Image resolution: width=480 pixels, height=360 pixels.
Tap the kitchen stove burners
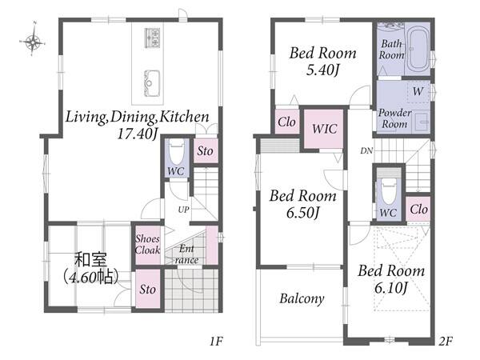(x=152, y=38)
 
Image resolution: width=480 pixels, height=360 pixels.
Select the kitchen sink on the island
(x=152, y=83)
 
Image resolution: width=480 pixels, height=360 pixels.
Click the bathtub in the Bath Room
(x=418, y=50)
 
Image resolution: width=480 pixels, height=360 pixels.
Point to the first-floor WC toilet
(x=177, y=152)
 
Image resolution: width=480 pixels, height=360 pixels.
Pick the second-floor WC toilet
(x=388, y=190)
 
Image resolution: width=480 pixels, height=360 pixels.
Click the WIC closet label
(x=325, y=129)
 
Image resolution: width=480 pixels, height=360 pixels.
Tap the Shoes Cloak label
(x=147, y=244)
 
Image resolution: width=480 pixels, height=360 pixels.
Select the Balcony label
(x=302, y=298)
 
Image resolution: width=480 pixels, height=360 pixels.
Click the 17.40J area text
(x=138, y=134)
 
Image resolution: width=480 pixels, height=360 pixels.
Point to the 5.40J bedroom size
(x=322, y=70)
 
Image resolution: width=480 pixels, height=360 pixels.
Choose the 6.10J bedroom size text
(x=391, y=287)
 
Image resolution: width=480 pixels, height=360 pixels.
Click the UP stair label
(x=183, y=210)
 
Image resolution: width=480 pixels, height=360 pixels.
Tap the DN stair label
(x=366, y=150)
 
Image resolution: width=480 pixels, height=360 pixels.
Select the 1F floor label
(x=216, y=341)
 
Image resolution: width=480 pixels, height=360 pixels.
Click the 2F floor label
(x=445, y=341)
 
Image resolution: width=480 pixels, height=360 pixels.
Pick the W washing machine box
(x=418, y=91)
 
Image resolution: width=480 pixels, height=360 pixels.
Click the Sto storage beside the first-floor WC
(x=206, y=150)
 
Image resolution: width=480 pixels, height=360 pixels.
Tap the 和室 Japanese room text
(x=91, y=259)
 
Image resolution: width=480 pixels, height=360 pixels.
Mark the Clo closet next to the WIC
(x=286, y=122)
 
